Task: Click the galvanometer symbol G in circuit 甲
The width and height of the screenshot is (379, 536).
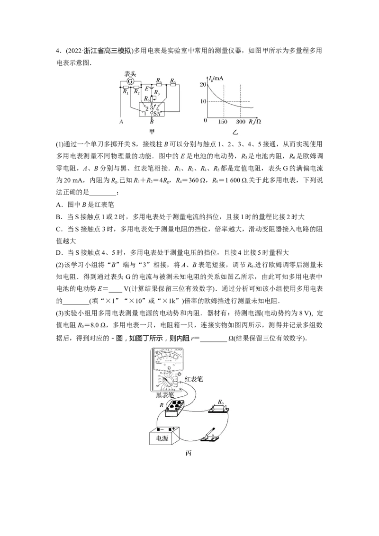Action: [130, 81]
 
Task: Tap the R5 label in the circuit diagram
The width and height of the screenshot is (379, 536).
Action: [173, 80]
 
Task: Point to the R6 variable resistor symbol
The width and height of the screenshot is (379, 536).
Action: [152, 99]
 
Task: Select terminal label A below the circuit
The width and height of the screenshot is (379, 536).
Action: [121, 121]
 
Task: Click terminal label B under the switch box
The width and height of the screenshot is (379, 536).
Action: [152, 121]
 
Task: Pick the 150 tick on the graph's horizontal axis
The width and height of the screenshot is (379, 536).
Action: [222, 122]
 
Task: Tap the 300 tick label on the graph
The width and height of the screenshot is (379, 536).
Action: [241, 122]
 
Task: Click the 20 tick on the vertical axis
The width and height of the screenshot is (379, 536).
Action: [203, 84]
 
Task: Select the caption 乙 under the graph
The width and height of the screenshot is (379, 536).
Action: [235, 132]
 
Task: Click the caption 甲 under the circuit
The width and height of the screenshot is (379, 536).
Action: [152, 131]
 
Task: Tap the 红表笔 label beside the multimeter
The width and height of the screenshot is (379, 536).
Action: [194, 379]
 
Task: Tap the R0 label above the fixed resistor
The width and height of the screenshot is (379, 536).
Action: [221, 402]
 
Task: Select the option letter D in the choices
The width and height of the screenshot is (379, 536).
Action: [58, 253]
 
